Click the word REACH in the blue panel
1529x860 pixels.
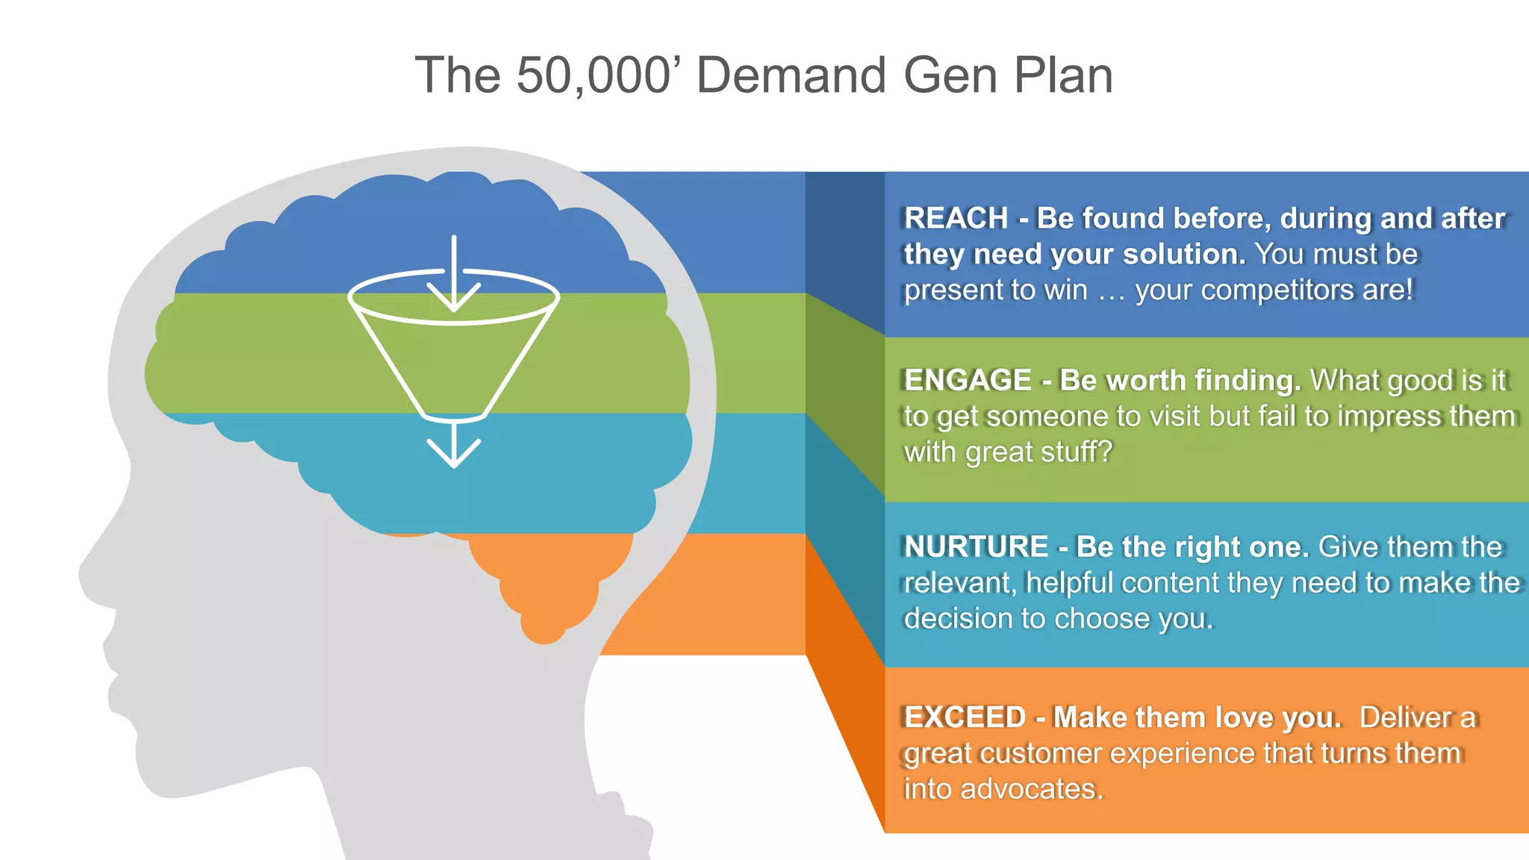point(956,219)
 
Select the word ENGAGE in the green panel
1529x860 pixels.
point(968,381)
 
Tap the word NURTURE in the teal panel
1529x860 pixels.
point(976,547)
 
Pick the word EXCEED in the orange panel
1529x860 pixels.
point(965,717)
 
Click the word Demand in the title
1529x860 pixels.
point(791,76)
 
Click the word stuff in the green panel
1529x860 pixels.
point(1076,452)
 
